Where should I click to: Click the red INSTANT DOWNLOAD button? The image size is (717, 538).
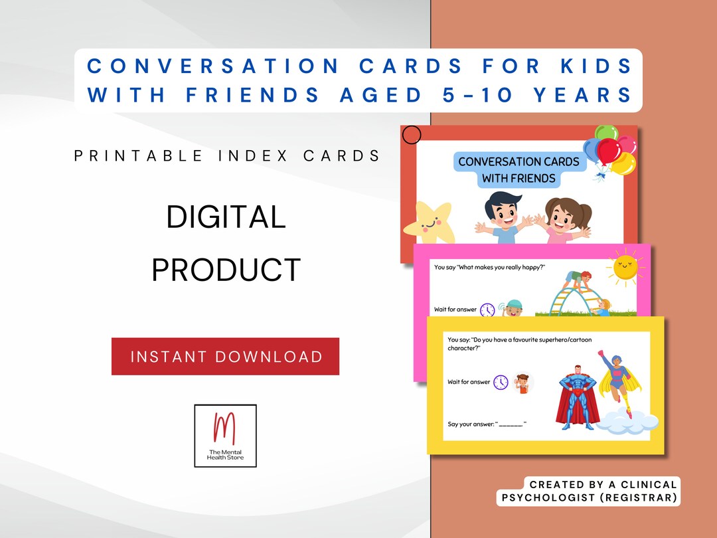click(225, 357)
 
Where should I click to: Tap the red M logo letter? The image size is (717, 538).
click(224, 429)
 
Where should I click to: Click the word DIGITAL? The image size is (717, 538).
click(226, 217)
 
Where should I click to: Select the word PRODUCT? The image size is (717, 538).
click(226, 270)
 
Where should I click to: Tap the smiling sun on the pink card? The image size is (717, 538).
click(624, 266)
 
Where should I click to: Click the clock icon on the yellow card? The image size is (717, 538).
click(500, 382)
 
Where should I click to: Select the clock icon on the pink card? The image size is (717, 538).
click(487, 310)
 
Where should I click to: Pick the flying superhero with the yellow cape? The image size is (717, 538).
click(618, 383)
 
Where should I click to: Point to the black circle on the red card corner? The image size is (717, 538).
click(412, 135)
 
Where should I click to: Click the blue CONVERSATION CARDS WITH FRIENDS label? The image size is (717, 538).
click(518, 169)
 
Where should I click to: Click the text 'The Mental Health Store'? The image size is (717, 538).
click(225, 455)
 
